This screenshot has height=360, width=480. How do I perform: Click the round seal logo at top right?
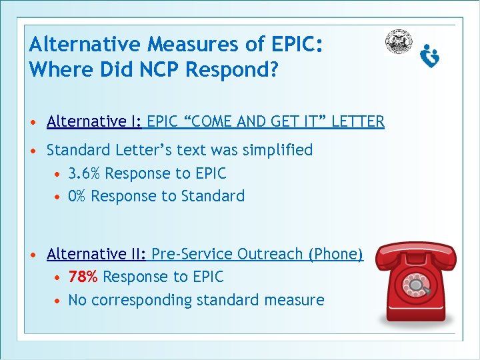coord(398,42)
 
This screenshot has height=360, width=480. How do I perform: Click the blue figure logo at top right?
coord(430,56)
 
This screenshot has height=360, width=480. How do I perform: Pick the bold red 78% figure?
coord(83,277)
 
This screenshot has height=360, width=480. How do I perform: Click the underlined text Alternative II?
coord(97,254)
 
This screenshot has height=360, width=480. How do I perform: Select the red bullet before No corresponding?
coord(59,301)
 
